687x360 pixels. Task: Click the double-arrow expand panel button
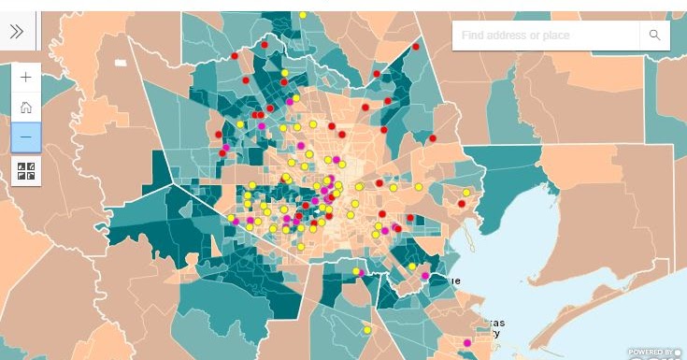17,32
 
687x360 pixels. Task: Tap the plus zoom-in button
25,77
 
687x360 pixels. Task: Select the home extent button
25,107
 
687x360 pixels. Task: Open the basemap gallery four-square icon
25,170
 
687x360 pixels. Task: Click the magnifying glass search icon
654,35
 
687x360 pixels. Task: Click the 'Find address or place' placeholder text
510,35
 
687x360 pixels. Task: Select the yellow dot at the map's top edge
303,15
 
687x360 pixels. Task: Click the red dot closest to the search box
416,46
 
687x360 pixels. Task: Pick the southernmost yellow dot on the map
366,329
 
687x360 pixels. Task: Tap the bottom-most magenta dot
467,343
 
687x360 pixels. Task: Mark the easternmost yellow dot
466,193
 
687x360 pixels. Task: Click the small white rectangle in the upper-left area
120,63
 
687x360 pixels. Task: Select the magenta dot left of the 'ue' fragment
425,276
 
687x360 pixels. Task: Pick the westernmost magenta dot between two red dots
225,147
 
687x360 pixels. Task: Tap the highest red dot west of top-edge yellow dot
264,45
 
